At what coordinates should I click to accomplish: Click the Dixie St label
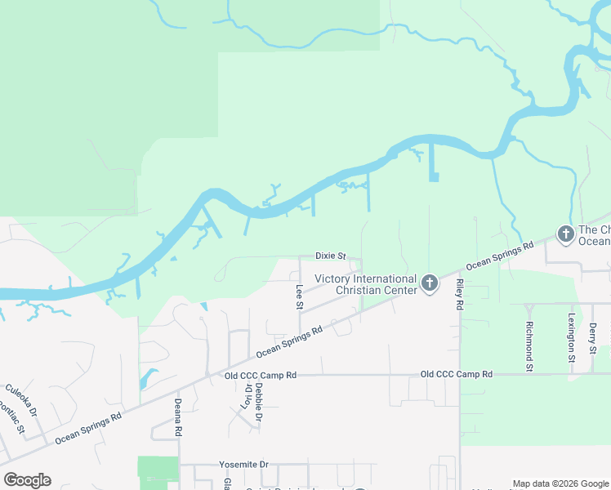coord(331,256)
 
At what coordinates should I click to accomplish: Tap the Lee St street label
coord(300,296)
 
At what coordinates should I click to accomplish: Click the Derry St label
coord(593,339)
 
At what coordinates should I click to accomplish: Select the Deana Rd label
coord(176,413)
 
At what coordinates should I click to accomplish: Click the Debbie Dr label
coord(258,401)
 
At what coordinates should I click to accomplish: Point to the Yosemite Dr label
coord(243,464)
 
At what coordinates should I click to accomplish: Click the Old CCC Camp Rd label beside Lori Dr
coord(260,375)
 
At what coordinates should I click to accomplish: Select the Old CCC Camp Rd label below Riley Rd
coord(457,374)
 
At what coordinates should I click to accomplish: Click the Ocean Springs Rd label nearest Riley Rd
coord(499,256)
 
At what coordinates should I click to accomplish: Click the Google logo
coord(27,480)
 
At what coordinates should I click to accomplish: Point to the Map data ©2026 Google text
coord(560,483)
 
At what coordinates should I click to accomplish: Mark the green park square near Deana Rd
coord(158,469)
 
